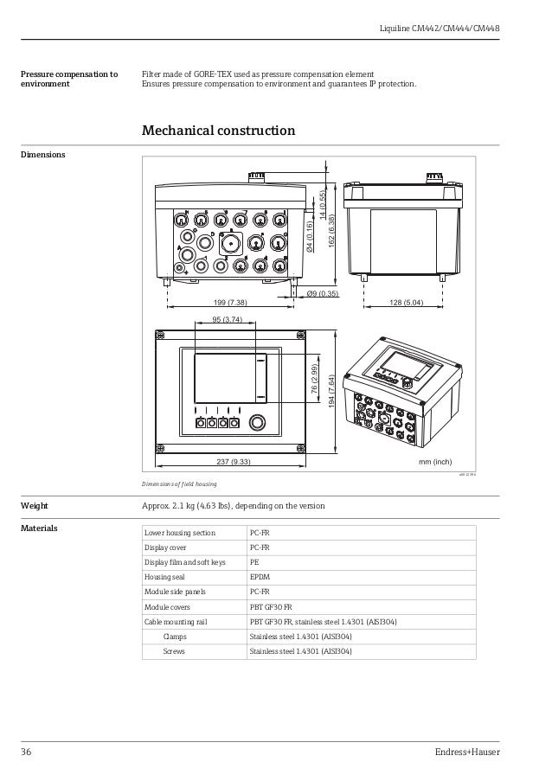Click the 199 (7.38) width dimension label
(230, 303)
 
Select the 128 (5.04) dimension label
(405, 303)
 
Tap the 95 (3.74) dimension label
(227, 320)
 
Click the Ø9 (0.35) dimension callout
(323, 294)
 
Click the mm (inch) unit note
(435, 462)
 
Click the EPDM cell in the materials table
(260, 578)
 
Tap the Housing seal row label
(164, 578)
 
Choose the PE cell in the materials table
(254, 562)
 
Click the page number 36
(26, 752)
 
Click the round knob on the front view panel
(256, 423)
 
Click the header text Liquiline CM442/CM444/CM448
(440, 29)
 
